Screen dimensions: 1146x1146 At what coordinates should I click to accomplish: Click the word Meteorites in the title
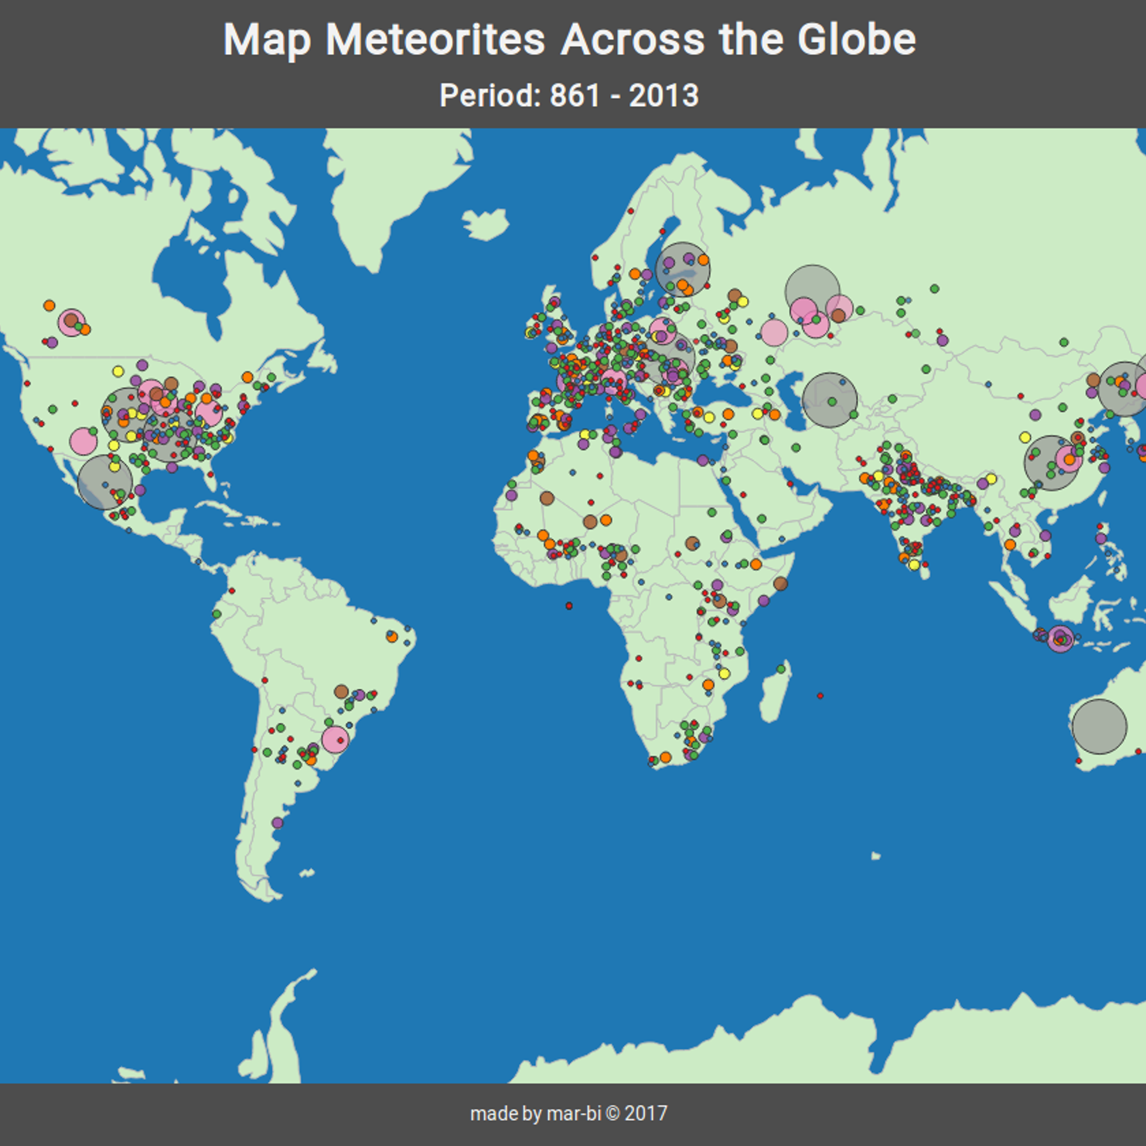pyautogui.click(x=435, y=39)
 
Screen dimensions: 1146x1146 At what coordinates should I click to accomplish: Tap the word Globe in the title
pyautogui.click(x=856, y=39)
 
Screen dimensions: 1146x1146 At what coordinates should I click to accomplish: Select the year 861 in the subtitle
pyautogui.click(x=575, y=96)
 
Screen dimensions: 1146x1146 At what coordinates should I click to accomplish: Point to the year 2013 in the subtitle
pyautogui.click(x=663, y=96)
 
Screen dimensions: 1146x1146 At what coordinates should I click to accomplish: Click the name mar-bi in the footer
pyautogui.click(x=574, y=1114)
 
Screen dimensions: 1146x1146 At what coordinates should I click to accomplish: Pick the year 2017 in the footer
pyautogui.click(x=646, y=1114)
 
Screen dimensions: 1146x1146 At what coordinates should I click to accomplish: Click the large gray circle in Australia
pyautogui.click(x=1099, y=727)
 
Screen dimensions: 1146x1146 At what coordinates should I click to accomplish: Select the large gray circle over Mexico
pyautogui.click(x=105, y=482)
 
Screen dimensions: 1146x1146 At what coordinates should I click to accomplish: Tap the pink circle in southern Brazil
pyautogui.click(x=335, y=739)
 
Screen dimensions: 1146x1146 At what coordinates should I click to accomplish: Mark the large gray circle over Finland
pyautogui.click(x=683, y=269)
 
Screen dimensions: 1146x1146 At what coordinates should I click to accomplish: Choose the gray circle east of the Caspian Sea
pyautogui.click(x=830, y=401)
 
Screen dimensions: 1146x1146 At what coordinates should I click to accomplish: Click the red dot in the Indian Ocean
pyautogui.click(x=820, y=696)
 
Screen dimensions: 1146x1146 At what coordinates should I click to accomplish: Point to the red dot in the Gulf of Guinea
pyautogui.click(x=569, y=606)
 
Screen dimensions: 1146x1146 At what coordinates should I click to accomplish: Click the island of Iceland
pyautogui.click(x=486, y=223)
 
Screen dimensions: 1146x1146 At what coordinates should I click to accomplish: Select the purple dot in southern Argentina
pyautogui.click(x=278, y=823)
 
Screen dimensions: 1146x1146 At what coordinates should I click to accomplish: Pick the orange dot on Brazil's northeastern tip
pyautogui.click(x=392, y=636)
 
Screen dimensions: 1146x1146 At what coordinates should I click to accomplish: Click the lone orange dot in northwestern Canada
pyautogui.click(x=49, y=305)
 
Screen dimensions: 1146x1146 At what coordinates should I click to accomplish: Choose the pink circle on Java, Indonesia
pyautogui.click(x=1061, y=639)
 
